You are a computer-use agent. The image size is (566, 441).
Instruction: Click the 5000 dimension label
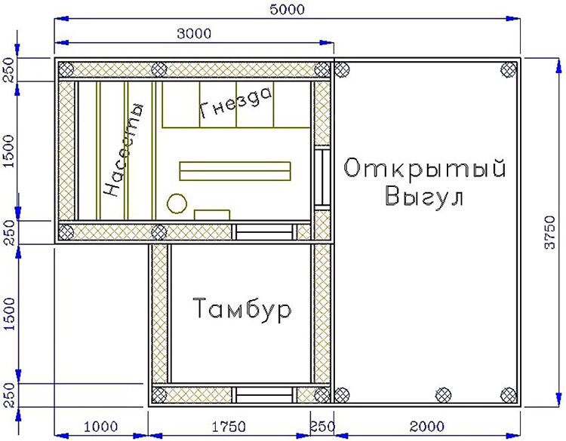tap(288, 9)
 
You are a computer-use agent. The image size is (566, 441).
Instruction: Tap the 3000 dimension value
tap(194, 33)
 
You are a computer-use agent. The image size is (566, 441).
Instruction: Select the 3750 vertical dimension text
tap(549, 232)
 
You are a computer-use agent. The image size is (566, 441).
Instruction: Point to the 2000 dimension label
tap(426, 427)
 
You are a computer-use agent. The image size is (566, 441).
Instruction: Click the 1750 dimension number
tap(229, 427)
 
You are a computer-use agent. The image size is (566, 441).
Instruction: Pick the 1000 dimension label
tap(100, 427)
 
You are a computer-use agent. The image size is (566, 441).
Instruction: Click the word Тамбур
tap(242, 309)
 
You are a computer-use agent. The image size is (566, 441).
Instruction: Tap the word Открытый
tap(424, 168)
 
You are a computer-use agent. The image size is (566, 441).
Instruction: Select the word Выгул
tap(424, 196)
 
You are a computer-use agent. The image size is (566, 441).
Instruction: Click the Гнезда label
tap(235, 103)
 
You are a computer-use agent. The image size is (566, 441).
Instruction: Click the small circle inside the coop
tap(177, 204)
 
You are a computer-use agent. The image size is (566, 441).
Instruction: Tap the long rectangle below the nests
tap(235, 171)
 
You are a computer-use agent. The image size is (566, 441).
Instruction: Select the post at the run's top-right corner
tap(508, 69)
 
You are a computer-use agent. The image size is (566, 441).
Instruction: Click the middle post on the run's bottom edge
tap(443, 395)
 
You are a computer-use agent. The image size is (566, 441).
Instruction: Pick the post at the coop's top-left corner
tap(66, 69)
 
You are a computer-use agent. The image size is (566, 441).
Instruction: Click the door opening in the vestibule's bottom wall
tap(264, 395)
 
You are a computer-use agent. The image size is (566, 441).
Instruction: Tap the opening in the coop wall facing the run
tap(321, 177)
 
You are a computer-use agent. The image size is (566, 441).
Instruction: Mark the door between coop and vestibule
tap(264, 232)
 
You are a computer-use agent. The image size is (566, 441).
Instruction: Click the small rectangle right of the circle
tap(212, 215)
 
